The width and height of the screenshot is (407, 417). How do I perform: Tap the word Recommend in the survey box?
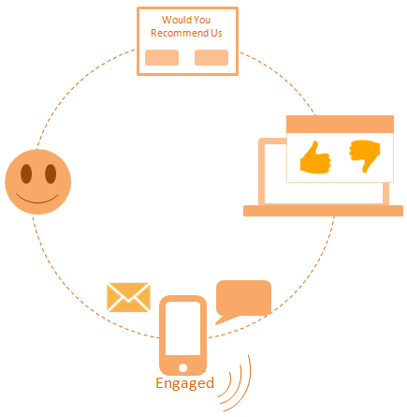click(180, 33)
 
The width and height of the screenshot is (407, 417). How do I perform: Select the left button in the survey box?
click(162, 57)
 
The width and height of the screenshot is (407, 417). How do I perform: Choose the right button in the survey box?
click(211, 57)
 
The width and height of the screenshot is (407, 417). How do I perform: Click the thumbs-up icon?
click(315, 157)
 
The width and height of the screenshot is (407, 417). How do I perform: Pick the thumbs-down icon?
click(364, 156)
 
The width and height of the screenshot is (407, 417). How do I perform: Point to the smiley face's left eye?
click(26, 173)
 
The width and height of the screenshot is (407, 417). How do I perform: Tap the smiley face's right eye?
click(51, 173)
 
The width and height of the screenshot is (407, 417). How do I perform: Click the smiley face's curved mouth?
click(37, 201)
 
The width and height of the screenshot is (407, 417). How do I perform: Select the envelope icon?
click(128, 297)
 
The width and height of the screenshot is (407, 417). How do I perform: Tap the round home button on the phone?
click(182, 367)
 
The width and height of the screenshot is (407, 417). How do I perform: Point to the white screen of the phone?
click(182, 328)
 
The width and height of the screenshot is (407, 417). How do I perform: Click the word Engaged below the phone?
click(184, 383)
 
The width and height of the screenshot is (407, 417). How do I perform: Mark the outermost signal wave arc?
click(245, 387)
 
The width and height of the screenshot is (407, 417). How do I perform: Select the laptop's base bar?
click(323, 211)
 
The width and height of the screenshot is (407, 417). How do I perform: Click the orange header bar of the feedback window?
click(340, 125)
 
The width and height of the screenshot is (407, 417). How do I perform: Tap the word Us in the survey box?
click(216, 33)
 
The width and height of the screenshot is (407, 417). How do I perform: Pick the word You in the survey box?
click(202, 20)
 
